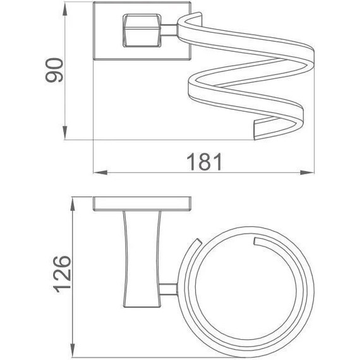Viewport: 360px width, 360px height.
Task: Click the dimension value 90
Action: click(x=54, y=70)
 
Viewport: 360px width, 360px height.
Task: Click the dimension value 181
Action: click(x=204, y=162)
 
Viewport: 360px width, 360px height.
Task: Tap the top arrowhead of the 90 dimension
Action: click(x=65, y=9)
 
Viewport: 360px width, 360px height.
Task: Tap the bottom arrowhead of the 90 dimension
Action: click(x=65, y=133)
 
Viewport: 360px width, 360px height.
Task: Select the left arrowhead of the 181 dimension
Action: click(x=100, y=172)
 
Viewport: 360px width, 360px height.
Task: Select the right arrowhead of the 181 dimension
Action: click(x=307, y=172)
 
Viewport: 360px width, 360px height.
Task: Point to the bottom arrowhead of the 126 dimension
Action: click(x=73, y=351)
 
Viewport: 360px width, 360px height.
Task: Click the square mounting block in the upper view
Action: click(x=142, y=31)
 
